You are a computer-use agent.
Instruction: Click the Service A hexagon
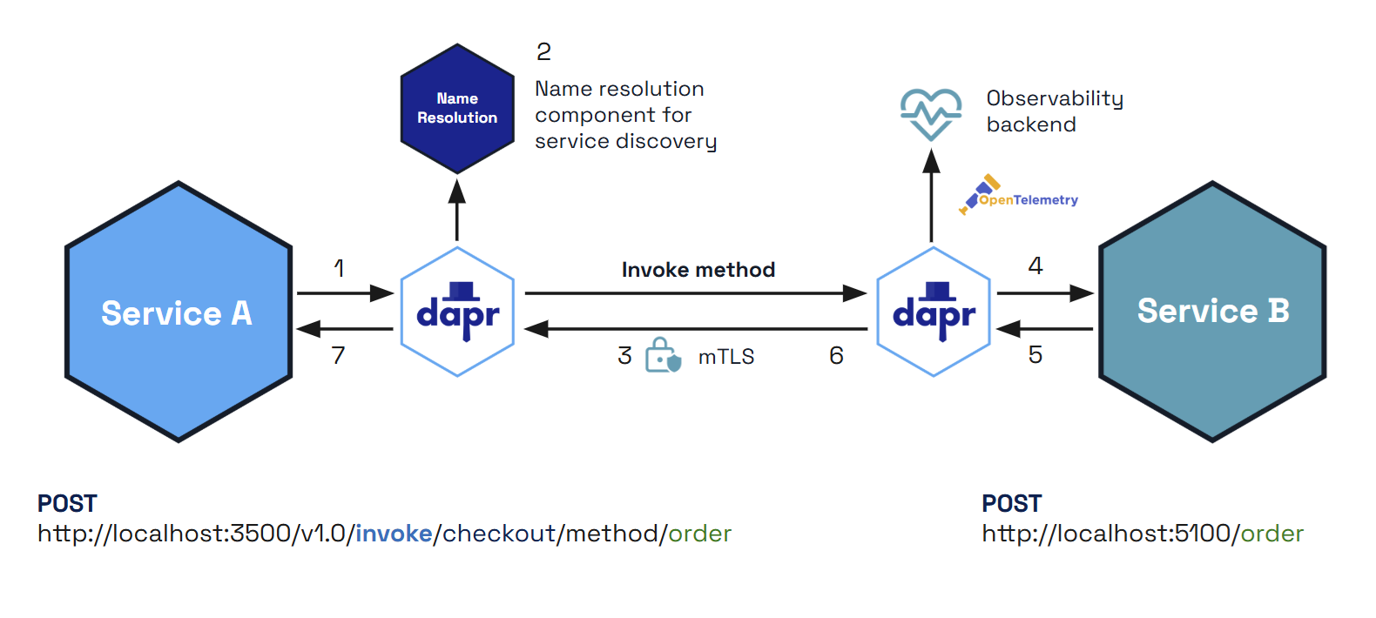(x=179, y=312)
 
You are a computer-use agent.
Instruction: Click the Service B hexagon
(x=1212, y=312)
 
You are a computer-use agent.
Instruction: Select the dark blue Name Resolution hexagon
(x=457, y=109)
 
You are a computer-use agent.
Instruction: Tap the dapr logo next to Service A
(x=457, y=312)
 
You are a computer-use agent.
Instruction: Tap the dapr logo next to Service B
(x=934, y=312)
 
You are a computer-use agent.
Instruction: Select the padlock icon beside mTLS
(x=662, y=355)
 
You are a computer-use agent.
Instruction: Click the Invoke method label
(x=698, y=270)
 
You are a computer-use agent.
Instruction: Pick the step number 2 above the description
(x=543, y=52)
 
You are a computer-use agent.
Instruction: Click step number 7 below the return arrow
(x=338, y=355)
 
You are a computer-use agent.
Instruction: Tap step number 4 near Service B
(x=1035, y=265)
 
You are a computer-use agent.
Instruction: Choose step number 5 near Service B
(x=1035, y=355)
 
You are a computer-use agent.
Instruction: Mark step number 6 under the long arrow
(x=836, y=355)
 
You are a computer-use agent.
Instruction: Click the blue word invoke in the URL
(x=394, y=534)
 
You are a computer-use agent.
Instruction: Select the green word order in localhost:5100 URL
(x=1271, y=534)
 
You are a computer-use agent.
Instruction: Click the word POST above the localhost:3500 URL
(x=67, y=504)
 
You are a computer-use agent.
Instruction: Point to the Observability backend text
(x=1054, y=111)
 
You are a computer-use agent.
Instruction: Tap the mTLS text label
(x=726, y=357)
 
